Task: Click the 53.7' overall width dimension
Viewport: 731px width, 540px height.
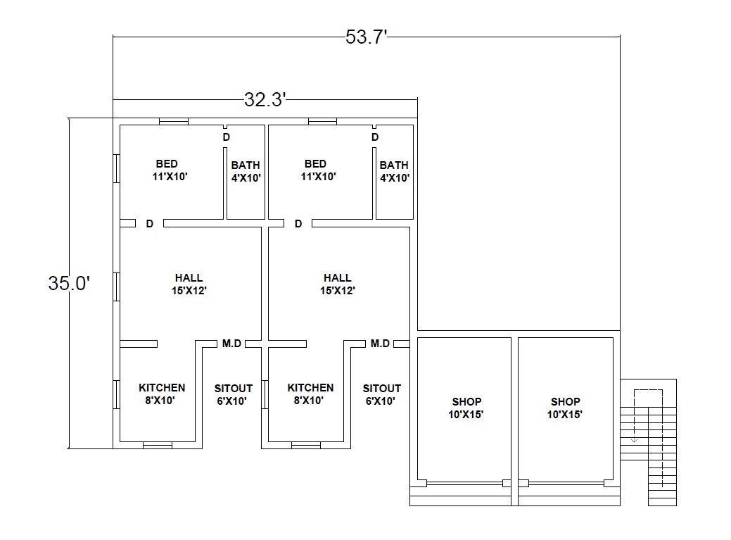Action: [367, 37]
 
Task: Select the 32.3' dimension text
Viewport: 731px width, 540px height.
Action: [265, 99]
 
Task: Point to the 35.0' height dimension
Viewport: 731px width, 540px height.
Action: [69, 283]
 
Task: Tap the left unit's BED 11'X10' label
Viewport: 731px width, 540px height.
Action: [170, 170]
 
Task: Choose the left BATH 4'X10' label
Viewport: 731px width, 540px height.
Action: [246, 172]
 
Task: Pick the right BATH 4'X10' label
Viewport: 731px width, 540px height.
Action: [395, 172]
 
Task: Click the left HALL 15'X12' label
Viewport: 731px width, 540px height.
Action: [189, 284]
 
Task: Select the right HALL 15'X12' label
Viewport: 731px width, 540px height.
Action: [338, 284]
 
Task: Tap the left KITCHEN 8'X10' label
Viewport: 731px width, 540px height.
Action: [162, 394]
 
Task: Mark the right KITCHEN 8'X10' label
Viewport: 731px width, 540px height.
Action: [310, 394]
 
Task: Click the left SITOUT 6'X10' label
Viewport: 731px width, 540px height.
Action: [233, 394]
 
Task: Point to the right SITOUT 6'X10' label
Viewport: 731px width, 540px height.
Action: [382, 394]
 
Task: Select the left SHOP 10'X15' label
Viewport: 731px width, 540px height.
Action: [466, 408]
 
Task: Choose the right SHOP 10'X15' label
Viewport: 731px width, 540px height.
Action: [565, 408]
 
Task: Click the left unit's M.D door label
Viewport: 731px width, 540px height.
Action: [231, 344]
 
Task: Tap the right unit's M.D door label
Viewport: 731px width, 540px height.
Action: [380, 344]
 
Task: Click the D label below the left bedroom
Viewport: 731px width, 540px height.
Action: [150, 224]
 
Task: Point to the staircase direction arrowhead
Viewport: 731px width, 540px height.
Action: [634, 440]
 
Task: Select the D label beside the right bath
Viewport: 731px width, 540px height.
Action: [375, 137]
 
